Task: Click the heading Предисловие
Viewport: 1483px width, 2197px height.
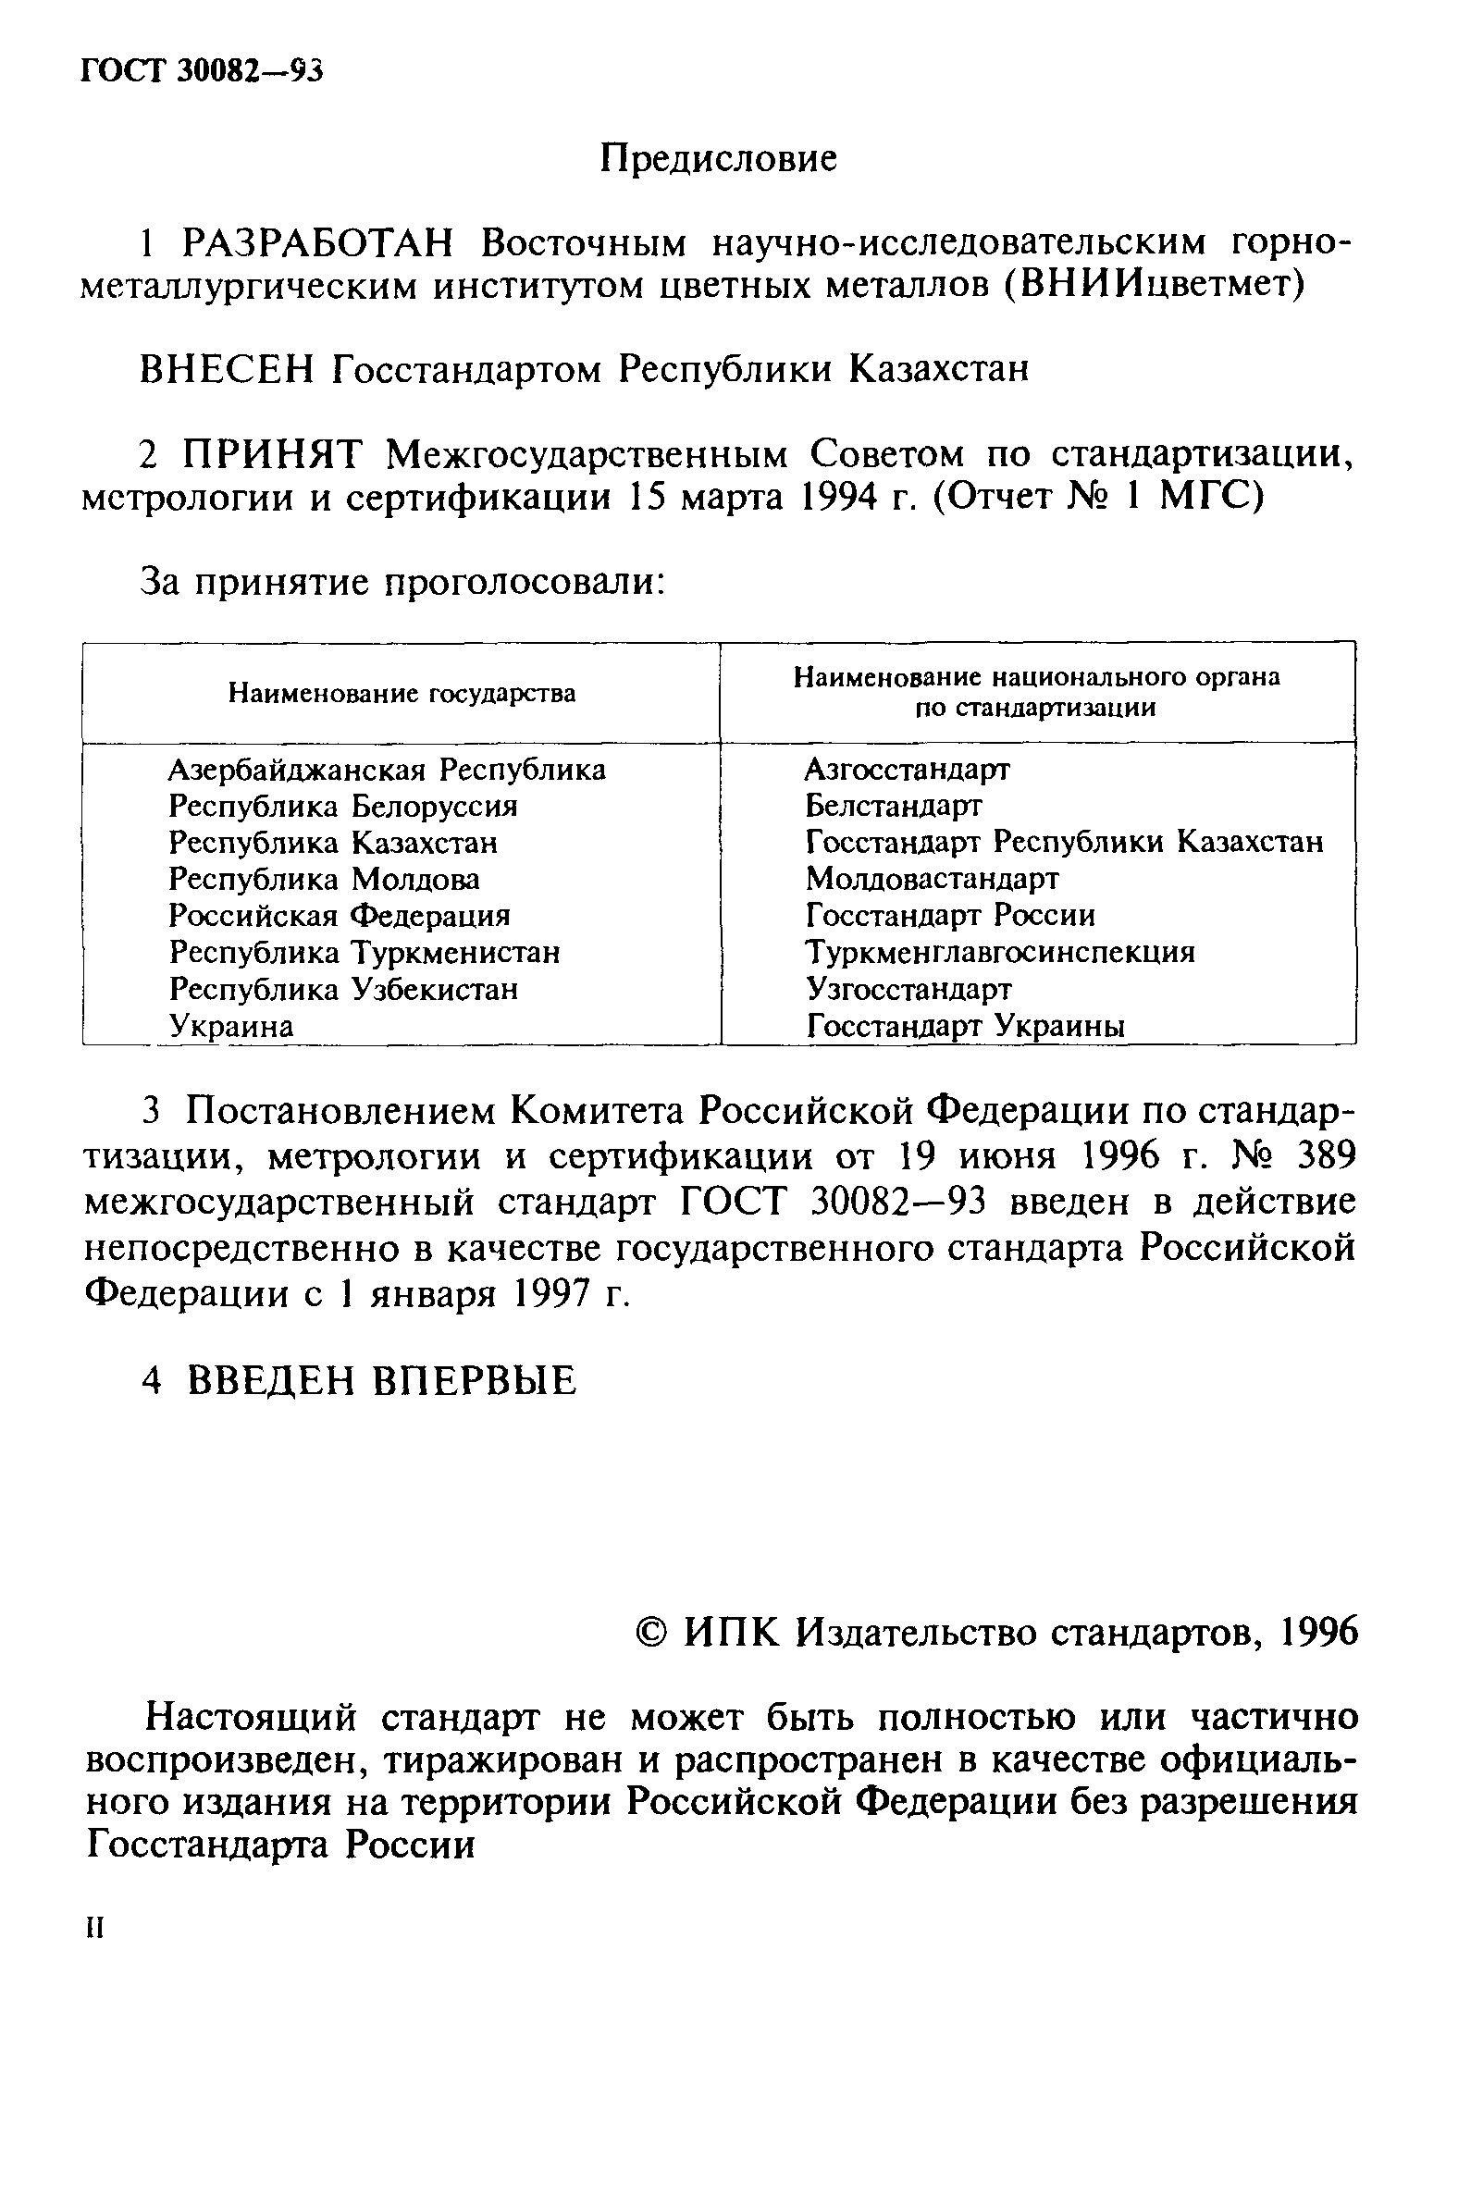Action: click(718, 159)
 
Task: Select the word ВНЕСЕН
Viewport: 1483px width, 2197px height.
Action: click(226, 369)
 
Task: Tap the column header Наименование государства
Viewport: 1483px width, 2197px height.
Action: click(402, 693)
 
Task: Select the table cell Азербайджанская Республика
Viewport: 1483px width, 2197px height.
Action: click(387, 771)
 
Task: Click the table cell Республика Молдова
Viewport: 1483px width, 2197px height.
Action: click(324, 879)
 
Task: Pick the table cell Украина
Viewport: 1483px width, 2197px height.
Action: click(231, 1026)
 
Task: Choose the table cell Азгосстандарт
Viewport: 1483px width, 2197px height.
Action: click(907, 770)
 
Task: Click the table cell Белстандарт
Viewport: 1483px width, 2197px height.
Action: click(893, 806)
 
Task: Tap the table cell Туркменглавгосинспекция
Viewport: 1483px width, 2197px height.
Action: click(1000, 952)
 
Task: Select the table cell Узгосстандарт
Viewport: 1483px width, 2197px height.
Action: click(908, 989)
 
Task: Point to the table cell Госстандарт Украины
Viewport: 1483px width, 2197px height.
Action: click(965, 1026)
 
